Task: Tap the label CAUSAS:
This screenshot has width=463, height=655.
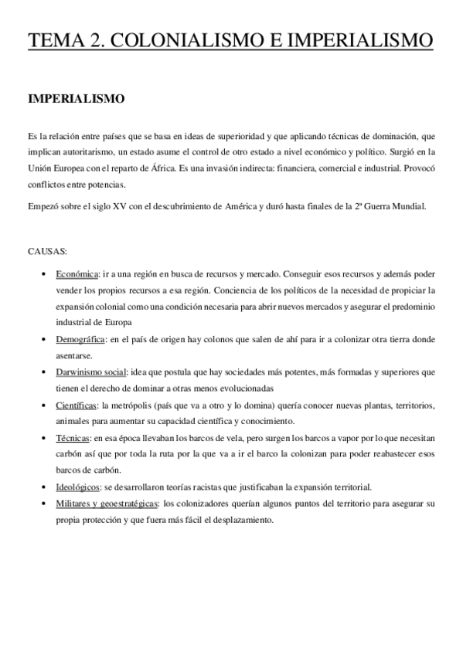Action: (47, 252)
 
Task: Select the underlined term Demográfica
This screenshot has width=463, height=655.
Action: (81, 339)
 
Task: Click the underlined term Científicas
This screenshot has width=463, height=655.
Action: (77, 405)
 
